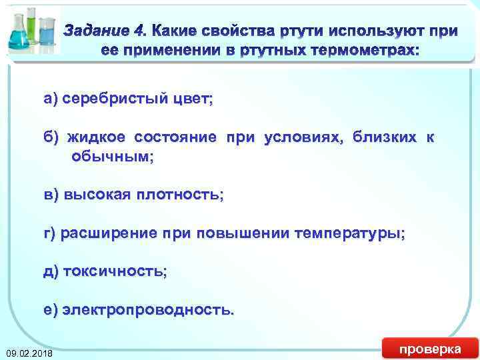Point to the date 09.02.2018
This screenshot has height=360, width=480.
pos(29,352)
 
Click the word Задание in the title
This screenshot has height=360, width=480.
pos(97,31)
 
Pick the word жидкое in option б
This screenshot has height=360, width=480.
pos(97,138)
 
